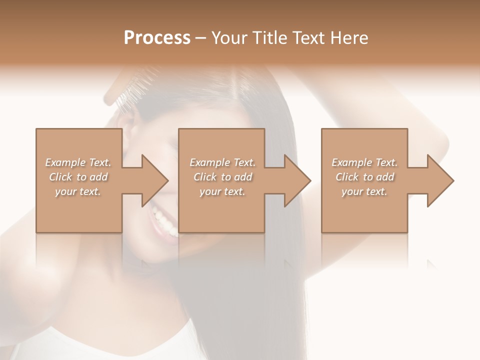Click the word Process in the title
[157, 38]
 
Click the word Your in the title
[228, 38]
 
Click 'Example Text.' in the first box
[78, 162]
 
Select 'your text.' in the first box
[78, 191]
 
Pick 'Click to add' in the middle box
[222, 177]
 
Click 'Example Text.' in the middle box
[222, 162]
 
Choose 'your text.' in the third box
[364, 191]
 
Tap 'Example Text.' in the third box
[364, 162]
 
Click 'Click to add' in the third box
[364, 177]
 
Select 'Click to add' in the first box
[78, 177]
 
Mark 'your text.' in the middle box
[222, 191]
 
